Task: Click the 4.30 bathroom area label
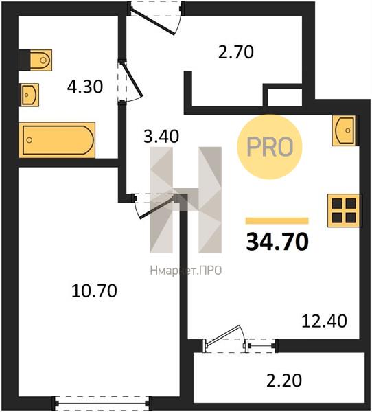tap(85, 87)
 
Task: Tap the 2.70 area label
tap(236, 51)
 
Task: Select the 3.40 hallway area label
tap(161, 136)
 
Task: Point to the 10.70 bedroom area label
tap(94, 291)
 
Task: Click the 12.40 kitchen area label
tap(324, 321)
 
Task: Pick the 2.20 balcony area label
tap(284, 380)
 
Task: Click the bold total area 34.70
tap(277, 242)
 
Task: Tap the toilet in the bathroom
tap(36, 60)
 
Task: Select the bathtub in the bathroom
tap(57, 140)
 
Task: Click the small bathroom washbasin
tap(30, 95)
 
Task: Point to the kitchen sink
tap(345, 130)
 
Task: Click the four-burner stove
tap(343, 211)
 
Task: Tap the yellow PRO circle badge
tap(270, 147)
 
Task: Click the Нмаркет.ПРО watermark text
tap(186, 271)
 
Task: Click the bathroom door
tap(130, 81)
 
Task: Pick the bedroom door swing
tap(154, 206)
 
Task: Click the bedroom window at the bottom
tap(102, 402)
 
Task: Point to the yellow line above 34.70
tap(277, 220)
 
